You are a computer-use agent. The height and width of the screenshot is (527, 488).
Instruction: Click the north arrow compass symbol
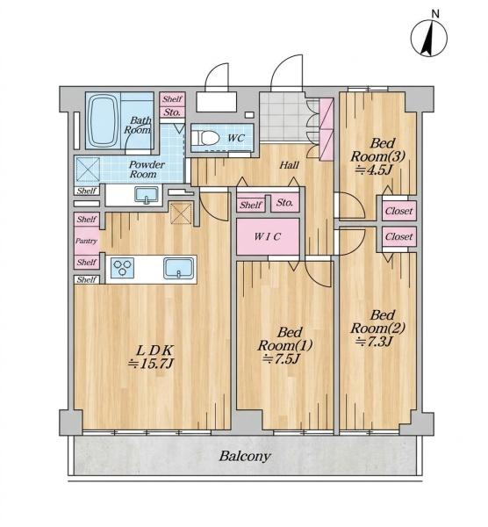(x=429, y=38)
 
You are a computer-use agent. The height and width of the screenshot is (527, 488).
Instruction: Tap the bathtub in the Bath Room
(x=104, y=120)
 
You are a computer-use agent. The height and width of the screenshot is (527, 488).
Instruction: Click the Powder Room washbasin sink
(x=147, y=195)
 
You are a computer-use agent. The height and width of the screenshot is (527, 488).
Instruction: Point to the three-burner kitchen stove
(x=122, y=268)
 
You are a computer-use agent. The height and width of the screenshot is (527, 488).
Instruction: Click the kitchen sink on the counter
(x=179, y=268)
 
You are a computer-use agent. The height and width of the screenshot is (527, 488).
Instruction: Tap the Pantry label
(x=86, y=241)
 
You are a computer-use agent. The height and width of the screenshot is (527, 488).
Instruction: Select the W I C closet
(x=268, y=236)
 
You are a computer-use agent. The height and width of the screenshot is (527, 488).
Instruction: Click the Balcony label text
(x=245, y=456)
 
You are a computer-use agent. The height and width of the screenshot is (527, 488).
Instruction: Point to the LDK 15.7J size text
(x=151, y=364)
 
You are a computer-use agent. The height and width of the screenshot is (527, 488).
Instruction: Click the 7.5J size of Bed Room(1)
(x=281, y=359)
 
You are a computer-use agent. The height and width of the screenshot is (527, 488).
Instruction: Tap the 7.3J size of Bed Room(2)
(x=374, y=342)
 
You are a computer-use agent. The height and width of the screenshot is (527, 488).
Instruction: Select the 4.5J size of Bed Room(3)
(x=374, y=170)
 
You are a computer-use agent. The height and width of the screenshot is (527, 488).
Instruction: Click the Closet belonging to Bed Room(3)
(x=399, y=211)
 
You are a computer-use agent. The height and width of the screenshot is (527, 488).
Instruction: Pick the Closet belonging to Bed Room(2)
(x=399, y=236)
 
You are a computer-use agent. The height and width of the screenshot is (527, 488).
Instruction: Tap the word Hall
(x=290, y=165)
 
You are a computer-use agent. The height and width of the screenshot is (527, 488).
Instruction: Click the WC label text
(x=236, y=138)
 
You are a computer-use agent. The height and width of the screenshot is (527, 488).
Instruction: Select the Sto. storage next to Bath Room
(x=172, y=112)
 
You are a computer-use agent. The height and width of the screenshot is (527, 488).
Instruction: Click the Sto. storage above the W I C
(x=284, y=203)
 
